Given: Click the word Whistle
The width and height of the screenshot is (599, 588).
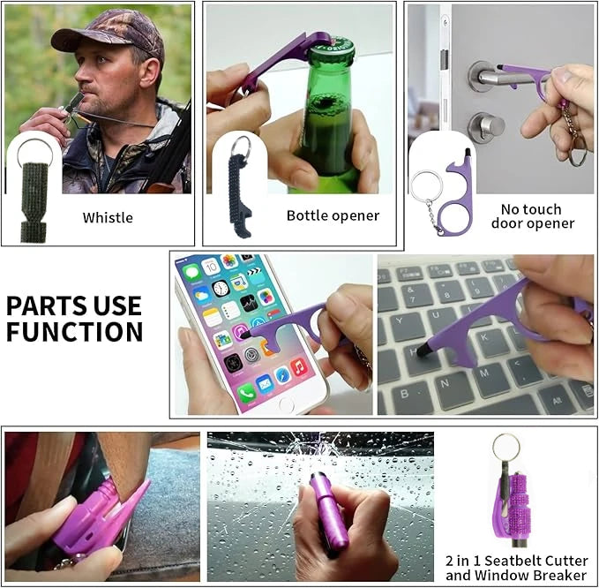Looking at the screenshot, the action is coord(108,217).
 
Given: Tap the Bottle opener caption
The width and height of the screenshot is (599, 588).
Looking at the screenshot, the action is coord(333,215).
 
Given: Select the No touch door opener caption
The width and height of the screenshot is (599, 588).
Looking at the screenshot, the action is coord(533,216).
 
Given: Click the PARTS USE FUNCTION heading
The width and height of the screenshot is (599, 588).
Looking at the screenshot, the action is coord(74,319).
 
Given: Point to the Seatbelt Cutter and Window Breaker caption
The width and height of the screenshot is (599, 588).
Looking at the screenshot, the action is coord(516,568).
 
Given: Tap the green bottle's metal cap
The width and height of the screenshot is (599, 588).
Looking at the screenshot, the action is coord(332,48).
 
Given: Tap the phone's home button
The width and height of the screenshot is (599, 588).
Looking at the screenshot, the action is coord(285,403).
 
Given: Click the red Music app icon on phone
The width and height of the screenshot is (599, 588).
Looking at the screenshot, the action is coord(299,367).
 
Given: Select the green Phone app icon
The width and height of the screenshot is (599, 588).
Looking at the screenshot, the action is coord(247,392).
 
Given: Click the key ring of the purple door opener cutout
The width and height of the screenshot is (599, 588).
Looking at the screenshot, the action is coord(426,186).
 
